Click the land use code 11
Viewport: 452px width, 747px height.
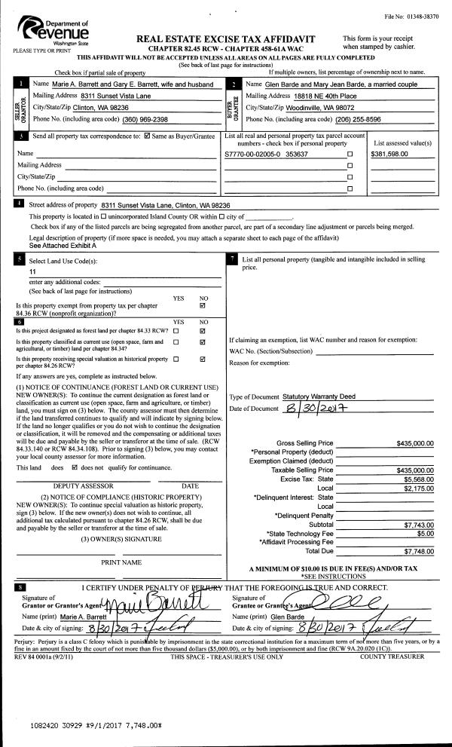click(32, 271)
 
